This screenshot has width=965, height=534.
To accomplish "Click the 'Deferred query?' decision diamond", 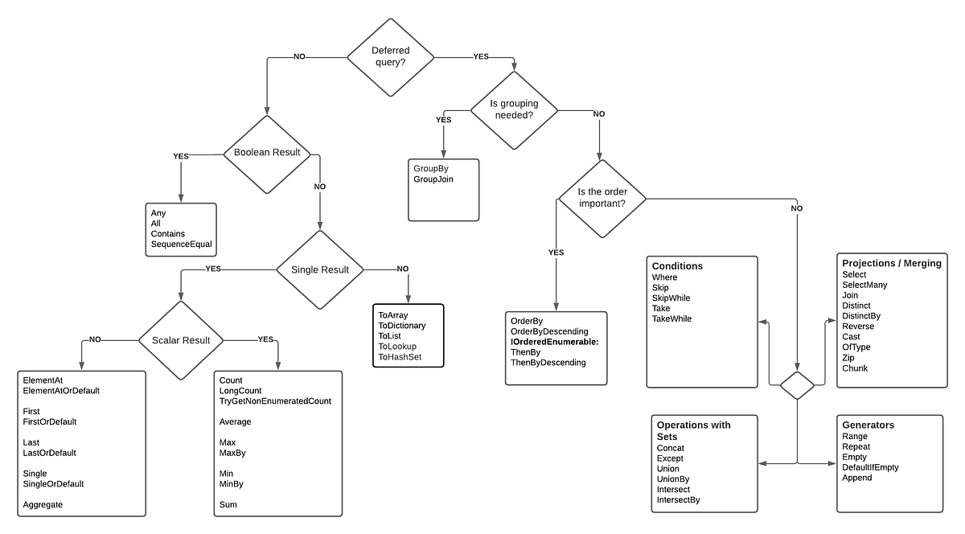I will coord(390,56).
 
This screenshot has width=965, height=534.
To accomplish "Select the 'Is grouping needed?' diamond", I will coord(514,109).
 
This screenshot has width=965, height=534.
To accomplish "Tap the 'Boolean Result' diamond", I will coord(267,152).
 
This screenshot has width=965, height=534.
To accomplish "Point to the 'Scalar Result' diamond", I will coord(181,340).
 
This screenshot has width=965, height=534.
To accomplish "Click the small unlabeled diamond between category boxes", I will coord(797,385).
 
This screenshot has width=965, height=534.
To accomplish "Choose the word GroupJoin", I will coord(433,179).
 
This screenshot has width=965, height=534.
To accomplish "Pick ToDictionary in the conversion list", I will coord(401,326).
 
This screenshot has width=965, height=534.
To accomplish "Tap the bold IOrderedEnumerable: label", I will coord(554,342).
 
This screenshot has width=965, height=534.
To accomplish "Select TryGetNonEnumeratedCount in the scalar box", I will coord(275,400).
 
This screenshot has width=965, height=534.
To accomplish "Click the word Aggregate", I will coord(43,504).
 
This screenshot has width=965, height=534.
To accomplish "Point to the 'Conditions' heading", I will coord(677,266).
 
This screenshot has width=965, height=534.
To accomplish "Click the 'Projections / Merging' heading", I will coord(891,263).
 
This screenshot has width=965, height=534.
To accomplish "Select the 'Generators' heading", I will coord(868,425).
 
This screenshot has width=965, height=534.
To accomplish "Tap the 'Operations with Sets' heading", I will coord(693,430).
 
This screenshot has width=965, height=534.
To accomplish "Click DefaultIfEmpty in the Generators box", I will coord(870,467).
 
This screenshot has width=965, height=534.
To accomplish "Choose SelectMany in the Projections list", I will coord(864,285).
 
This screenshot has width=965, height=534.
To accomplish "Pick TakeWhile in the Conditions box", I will coord(671,318).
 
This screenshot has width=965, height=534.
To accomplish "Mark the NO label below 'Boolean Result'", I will coord(320,186).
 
